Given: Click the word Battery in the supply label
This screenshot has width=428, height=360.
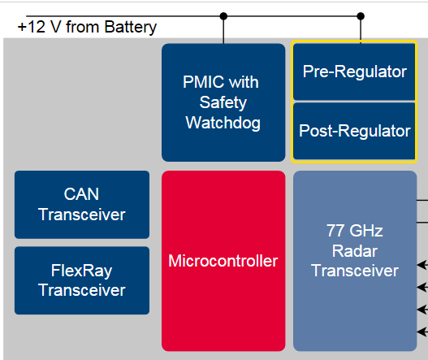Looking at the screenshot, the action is click(130, 28).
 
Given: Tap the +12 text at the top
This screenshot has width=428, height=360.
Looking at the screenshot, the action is click(32, 27).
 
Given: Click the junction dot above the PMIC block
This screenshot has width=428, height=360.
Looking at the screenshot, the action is click(223, 16).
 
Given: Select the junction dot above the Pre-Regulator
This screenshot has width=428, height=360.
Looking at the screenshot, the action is click(361, 16).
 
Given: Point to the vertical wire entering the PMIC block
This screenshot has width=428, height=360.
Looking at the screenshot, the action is click(223, 30).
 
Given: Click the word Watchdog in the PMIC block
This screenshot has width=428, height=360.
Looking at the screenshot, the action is click(223, 123).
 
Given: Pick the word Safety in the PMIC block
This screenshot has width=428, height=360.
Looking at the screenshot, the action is click(223, 103).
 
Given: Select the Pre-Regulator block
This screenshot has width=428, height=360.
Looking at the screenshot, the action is click(354, 72).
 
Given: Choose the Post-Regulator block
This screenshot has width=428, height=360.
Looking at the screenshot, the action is click(354, 131).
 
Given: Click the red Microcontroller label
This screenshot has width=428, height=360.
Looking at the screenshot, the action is click(223, 261).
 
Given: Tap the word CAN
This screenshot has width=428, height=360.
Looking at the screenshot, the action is click(81, 194).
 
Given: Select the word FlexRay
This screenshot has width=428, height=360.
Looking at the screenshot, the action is click(81, 271).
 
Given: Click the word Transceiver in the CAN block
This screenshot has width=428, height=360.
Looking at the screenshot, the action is click(81, 215).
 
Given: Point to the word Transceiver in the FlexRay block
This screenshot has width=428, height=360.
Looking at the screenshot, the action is click(81, 290).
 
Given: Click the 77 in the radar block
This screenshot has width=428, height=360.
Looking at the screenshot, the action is click(335, 231).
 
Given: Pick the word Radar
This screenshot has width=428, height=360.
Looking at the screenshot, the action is click(355, 251).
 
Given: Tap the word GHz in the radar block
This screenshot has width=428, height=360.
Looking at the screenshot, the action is click(366, 231).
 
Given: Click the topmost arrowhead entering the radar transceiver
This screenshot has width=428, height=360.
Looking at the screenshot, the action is click(422, 265).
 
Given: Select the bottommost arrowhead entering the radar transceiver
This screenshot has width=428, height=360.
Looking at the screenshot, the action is click(422, 332).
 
